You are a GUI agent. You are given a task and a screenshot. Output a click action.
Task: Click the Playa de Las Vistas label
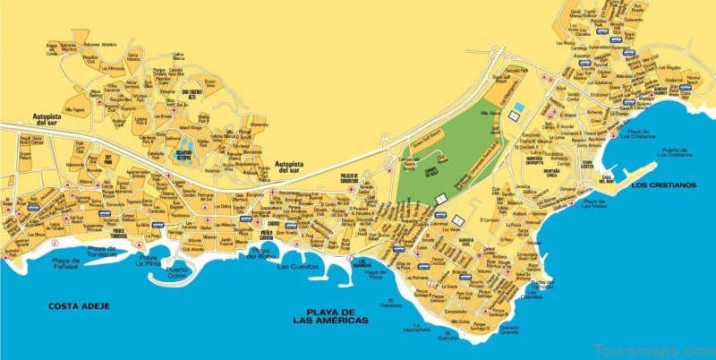pos(594,203)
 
